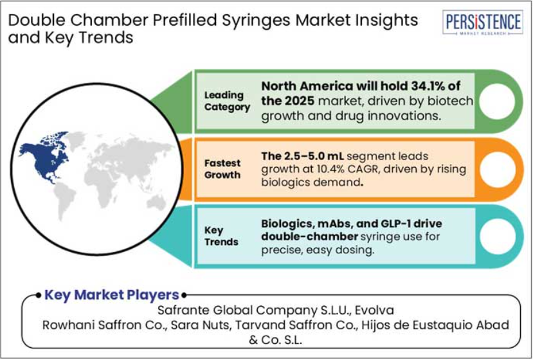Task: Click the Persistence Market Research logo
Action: click(x=483, y=22)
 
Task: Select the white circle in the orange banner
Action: click(x=497, y=169)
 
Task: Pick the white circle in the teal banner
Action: click(x=497, y=237)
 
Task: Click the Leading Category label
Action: click(x=227, y=101)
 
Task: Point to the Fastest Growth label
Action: click(x=222, y=169)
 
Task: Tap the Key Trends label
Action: click(x=221, y=236)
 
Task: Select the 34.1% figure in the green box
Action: click(x=428, y=86)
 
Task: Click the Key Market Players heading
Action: click(x=112, y=294)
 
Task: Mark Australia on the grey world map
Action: click(x=157, y=203)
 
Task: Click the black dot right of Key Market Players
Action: click(x=184, y=296)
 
